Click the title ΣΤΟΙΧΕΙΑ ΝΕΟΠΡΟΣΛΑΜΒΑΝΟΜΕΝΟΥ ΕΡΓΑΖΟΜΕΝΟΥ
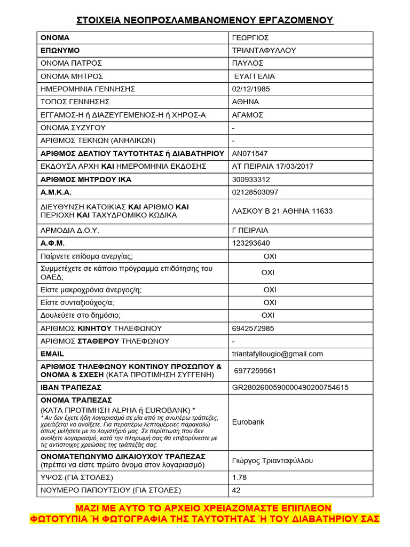[204, 20]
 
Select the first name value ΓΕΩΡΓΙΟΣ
[250, 38]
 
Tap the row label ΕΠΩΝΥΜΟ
[60, 51]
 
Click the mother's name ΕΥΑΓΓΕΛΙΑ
[255, 76]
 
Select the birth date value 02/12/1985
[251, 89]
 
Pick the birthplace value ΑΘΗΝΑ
[246, 101]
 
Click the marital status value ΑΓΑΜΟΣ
[247, 115]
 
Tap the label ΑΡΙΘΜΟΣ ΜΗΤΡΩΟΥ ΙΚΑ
[86, 179]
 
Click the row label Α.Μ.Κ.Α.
[56, 192]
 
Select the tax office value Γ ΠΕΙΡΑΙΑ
[250, 231]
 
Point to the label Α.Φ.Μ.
[52, 243]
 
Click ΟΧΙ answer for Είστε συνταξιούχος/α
[270, 302]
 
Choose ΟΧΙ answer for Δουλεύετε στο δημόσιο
[267, 315]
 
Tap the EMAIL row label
[52, 354]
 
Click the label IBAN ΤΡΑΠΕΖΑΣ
[71, 387]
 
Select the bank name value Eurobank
[248, 422]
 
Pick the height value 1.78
[240, 477]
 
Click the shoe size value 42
[236, 490]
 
